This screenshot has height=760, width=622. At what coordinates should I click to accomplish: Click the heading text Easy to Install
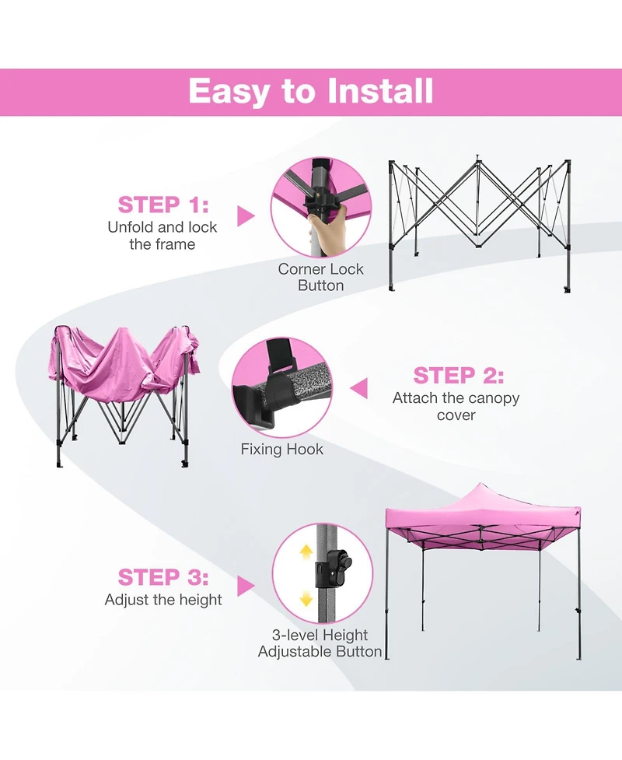[311, 92]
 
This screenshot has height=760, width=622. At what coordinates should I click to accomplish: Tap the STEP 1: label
[163, 205]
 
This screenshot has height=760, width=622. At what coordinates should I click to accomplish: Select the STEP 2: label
[459, 376]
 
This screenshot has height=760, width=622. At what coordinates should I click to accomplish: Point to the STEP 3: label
[163, 578]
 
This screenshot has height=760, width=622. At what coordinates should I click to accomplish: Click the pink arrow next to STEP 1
[246, 216]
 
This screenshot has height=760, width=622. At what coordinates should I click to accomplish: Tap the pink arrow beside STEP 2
[358, 387]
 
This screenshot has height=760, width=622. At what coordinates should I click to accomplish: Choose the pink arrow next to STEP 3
[246, 586]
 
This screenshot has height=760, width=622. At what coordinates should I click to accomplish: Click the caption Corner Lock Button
[320, 278]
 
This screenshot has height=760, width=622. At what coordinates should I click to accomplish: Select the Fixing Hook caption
[281, 450]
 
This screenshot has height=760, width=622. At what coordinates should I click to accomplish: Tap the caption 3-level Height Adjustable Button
[320, 643]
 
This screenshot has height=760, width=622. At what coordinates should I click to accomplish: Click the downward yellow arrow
[306, 598]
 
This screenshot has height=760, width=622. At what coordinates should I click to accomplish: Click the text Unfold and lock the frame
[162, 236]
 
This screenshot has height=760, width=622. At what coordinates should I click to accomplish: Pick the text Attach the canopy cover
[456, 406]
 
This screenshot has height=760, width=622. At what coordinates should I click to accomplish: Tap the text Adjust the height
[163, 600]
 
